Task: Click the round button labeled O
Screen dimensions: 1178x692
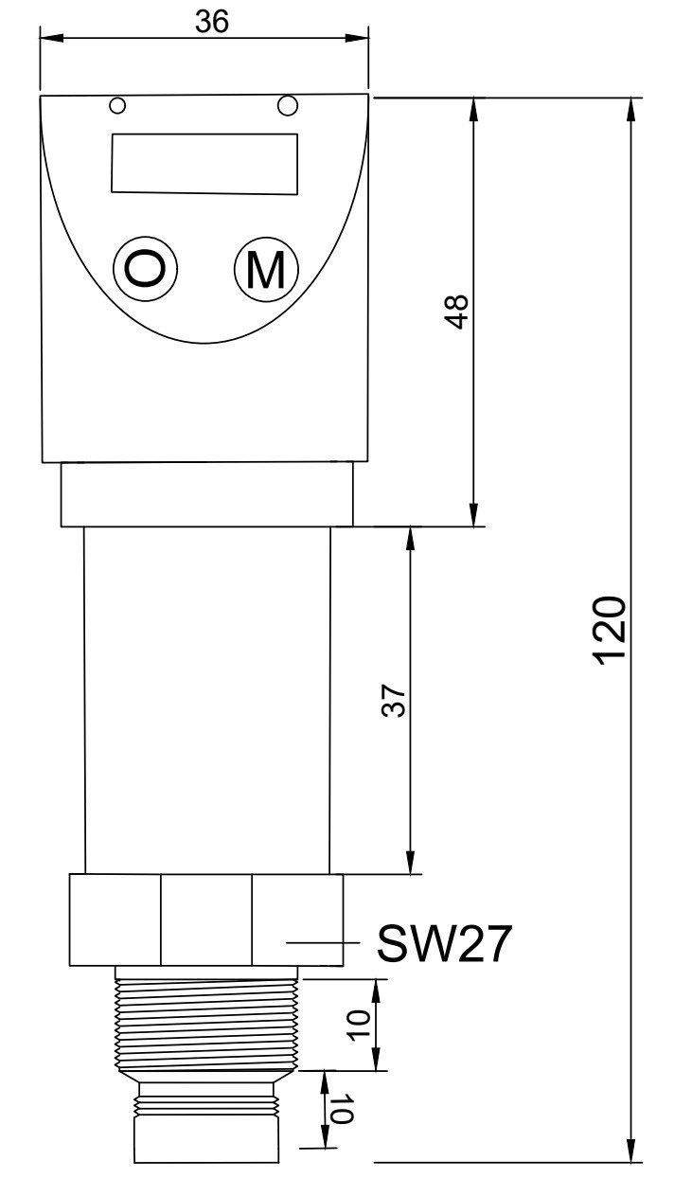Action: click(146, 269)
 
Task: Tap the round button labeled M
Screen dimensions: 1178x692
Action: click(266, 269)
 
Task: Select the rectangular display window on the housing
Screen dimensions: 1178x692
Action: click(204, 164)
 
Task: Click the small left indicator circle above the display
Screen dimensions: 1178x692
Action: click(117, 104)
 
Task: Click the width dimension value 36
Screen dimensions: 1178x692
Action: click(211, 22)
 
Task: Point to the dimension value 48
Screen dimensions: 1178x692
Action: click(457, 312)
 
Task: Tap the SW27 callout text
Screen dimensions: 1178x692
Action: click(445, 943)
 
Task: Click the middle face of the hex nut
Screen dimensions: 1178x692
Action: click(205, 919)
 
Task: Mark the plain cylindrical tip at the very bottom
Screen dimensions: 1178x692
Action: click(205, 1139)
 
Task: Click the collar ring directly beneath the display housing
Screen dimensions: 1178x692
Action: click(206, 493)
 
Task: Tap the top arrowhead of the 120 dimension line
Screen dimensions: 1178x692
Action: click(631, 109)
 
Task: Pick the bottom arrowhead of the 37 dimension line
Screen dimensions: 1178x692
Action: click(410, 863)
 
